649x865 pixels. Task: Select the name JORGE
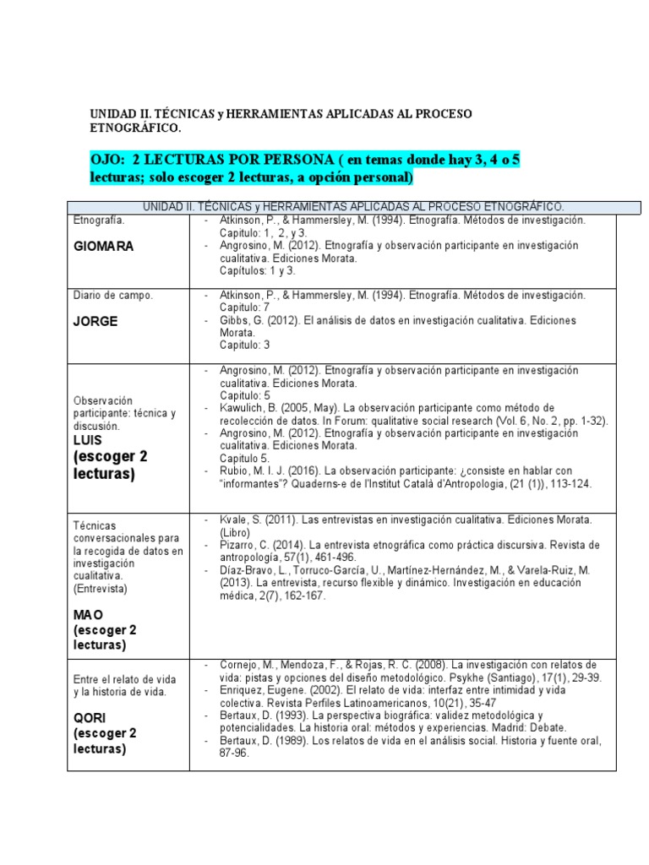(x=95, y=321)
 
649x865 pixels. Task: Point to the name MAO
(x=87, y=616)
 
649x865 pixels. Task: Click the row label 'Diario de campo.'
(x=112, y=296)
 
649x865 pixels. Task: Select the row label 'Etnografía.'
(x=99, y=220)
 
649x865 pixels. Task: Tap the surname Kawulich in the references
(x=246, y=407)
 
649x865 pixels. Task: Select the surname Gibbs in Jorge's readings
(x=235, y=320)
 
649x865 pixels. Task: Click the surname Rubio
(x=235, y=471)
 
